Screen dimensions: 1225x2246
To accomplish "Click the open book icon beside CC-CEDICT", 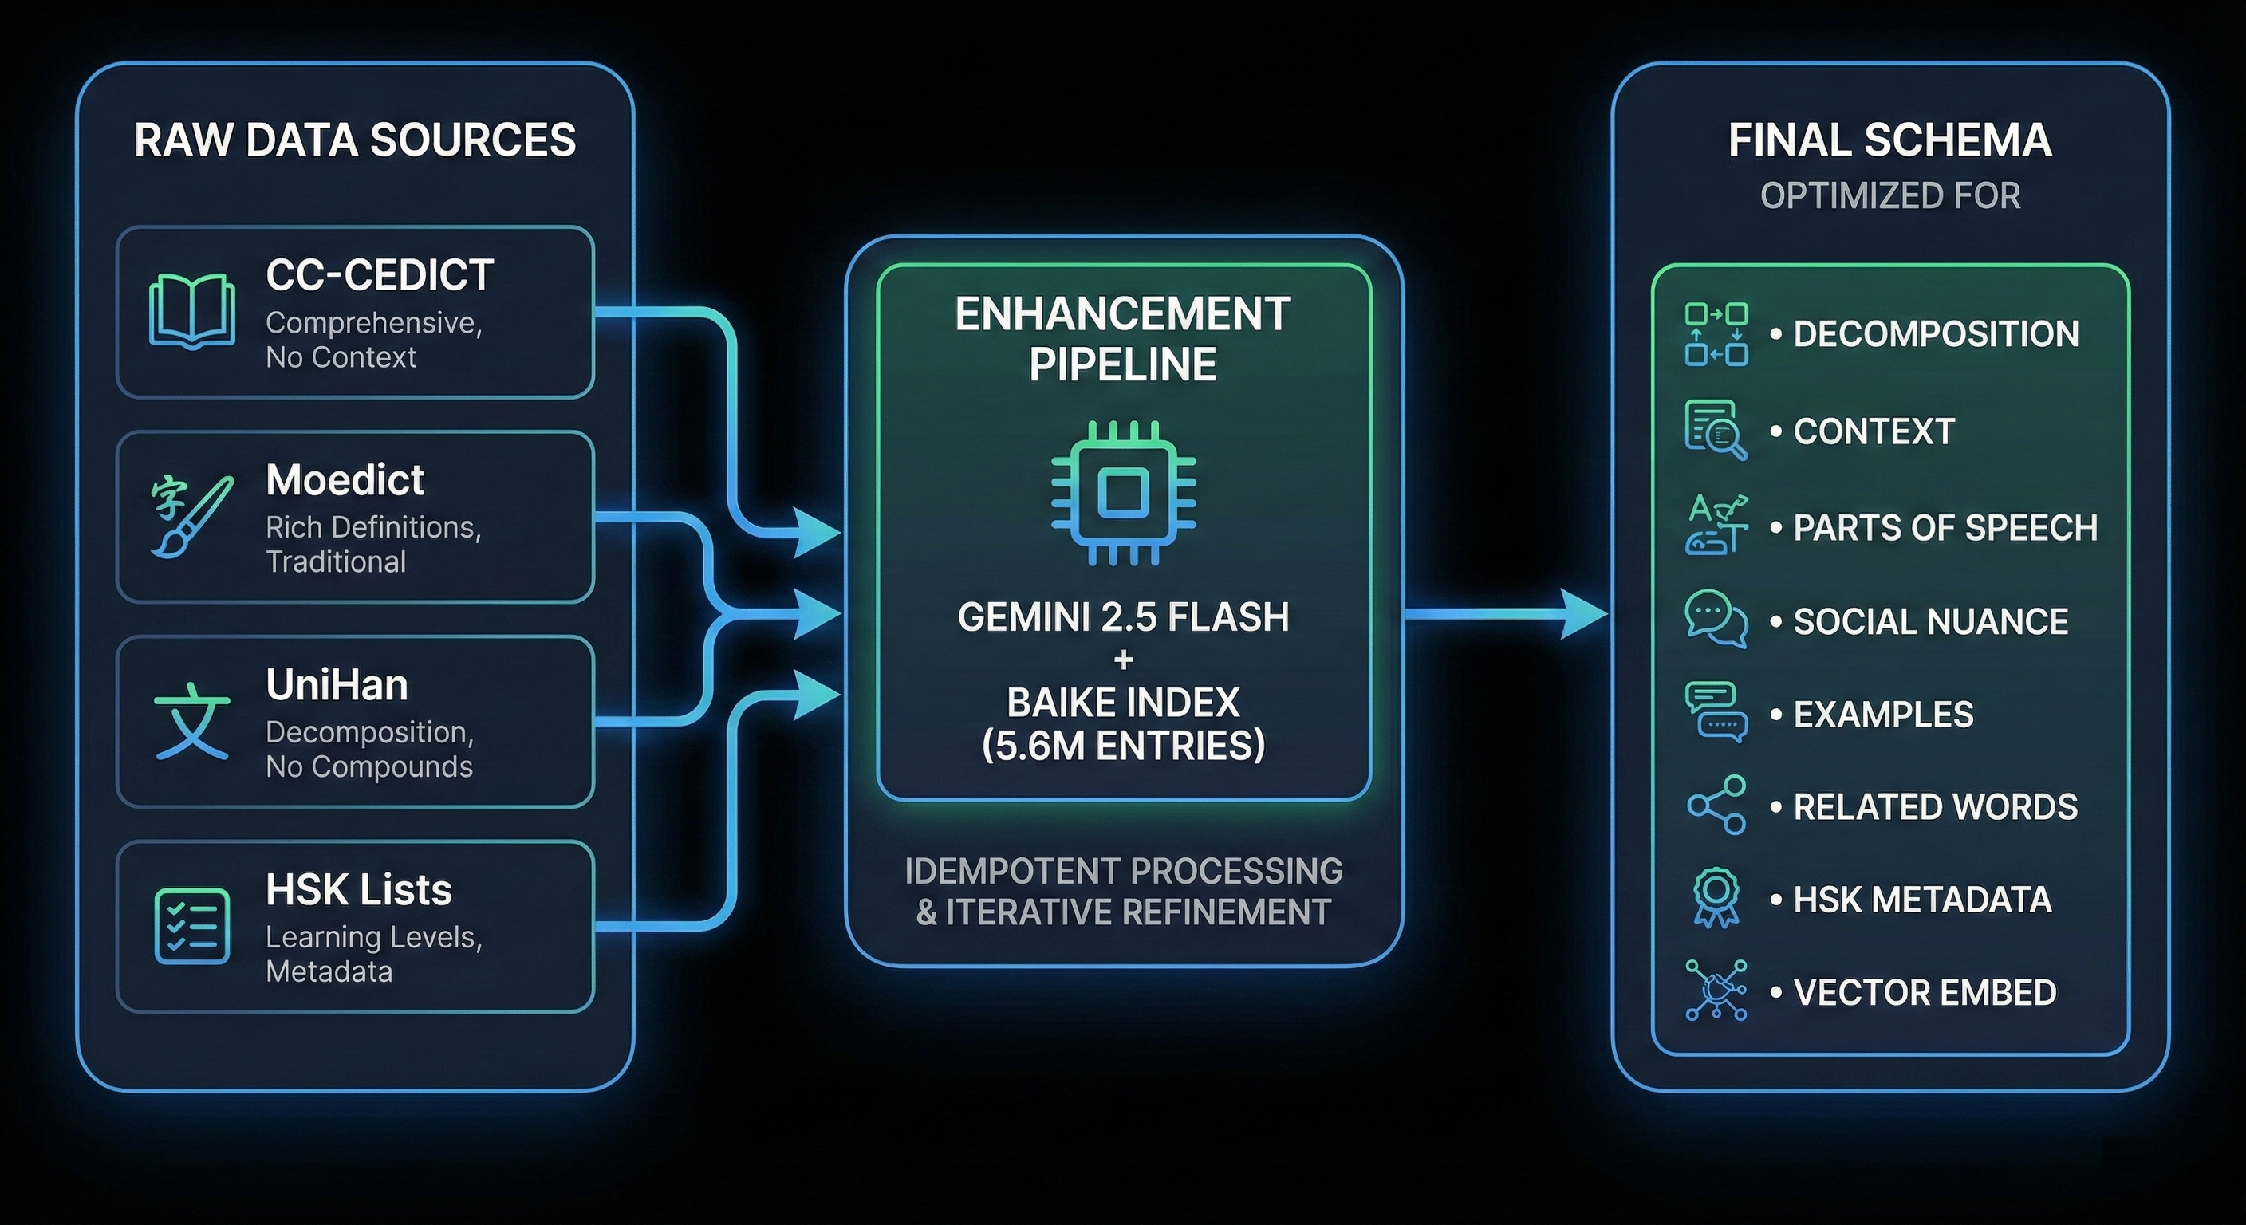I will click(x=191, y=311).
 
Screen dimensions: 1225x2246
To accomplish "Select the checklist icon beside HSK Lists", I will click(x=191, y=926).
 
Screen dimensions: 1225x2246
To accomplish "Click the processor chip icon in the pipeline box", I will click(x=1123, y=493).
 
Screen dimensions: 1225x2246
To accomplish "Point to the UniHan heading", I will click(x=337, y=685).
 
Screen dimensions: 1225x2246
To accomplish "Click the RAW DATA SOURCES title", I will click(x=355, y=140).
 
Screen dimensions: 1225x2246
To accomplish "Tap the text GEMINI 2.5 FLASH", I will click(x=1123, y=617).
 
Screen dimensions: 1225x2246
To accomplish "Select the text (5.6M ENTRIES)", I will click(x=1123, y=746).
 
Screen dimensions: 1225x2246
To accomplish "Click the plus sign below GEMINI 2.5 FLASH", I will click(x=1123, y=660).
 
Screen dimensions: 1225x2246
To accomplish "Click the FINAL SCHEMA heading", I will click(x=1889, y=140).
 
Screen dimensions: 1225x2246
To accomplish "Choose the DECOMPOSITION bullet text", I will click(x=1936, y=334).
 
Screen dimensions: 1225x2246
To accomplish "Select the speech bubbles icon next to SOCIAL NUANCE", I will click(x=1716, y=619).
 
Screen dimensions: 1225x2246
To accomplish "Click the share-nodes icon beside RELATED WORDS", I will click(x=1716, y=805).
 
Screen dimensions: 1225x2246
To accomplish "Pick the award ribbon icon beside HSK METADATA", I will click(x=1716, y=897).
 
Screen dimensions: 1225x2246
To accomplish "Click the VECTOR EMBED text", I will click(x=1925, y=992).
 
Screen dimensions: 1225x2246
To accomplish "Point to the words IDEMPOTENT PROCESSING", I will click(x=1123, y=871).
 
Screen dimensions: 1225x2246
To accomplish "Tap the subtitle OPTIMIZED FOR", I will click(x=1889, y=196).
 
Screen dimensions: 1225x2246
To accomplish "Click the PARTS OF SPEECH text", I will click(x=1945, y=527).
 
